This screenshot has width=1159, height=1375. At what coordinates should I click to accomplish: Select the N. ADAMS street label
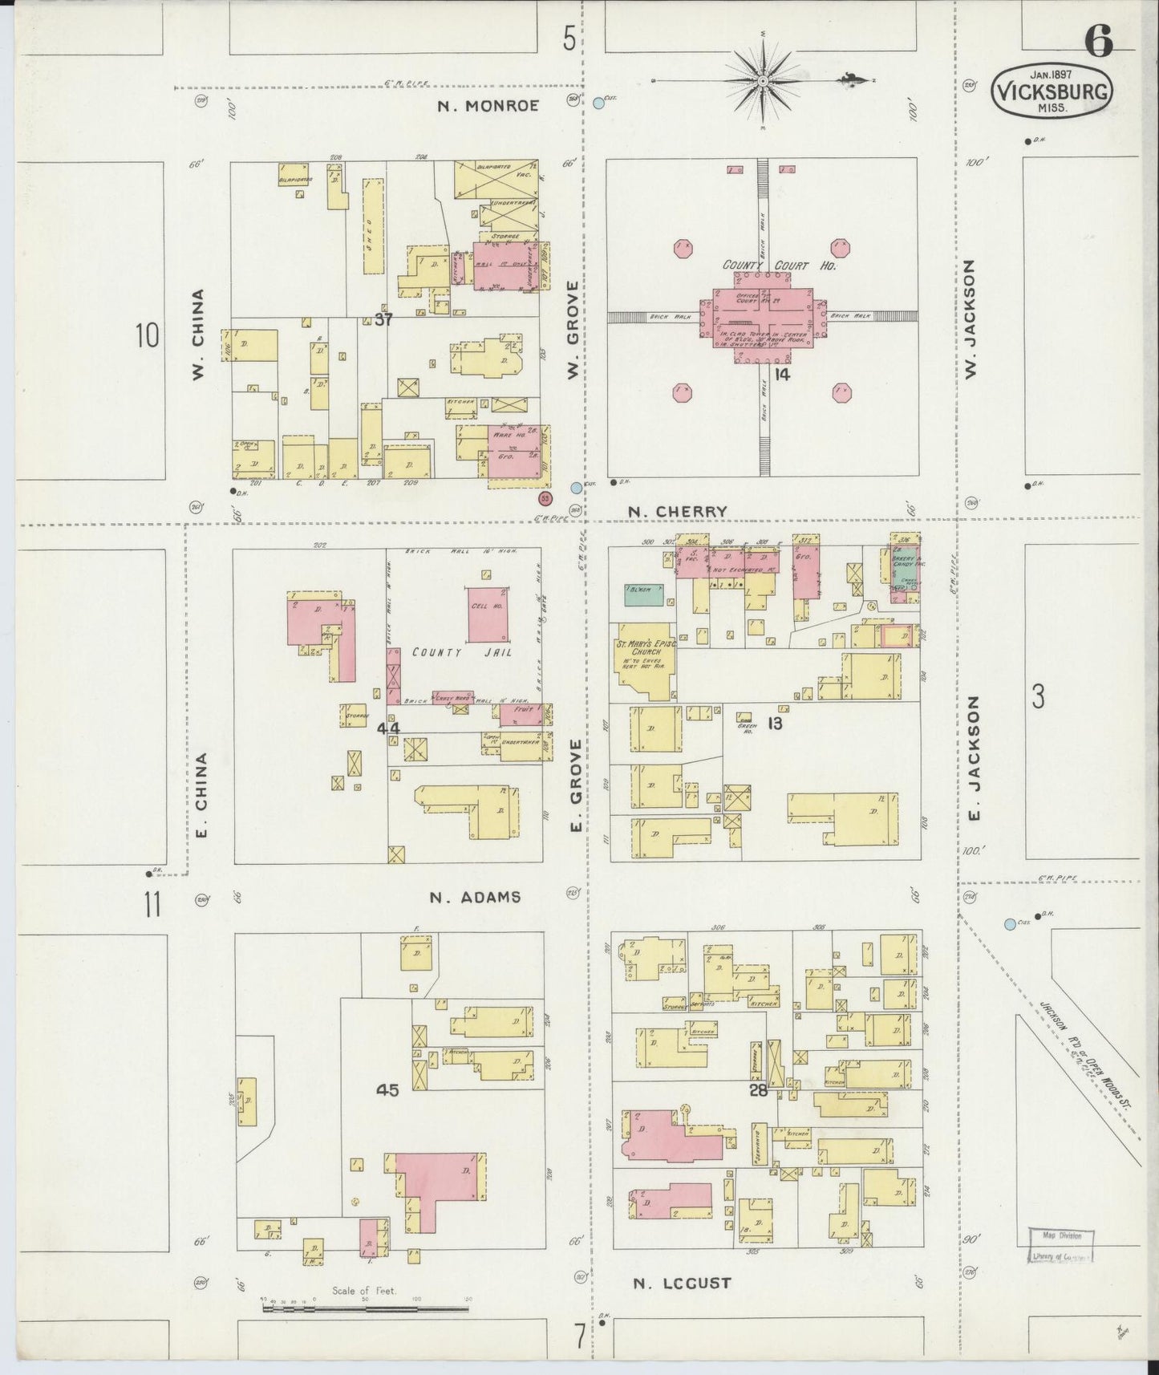(475, 897)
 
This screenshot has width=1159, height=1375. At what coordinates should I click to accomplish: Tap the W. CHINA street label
(198, 335)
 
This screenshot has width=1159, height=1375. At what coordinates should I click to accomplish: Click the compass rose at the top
(763, 81)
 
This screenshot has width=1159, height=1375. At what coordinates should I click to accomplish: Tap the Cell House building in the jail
(488, 614)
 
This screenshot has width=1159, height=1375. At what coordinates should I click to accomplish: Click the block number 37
(383, 319)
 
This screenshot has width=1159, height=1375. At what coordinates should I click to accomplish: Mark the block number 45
(387, 1089)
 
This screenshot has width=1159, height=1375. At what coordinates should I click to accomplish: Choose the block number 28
(758, 1090)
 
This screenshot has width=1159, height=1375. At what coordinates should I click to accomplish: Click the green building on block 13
(644, 594)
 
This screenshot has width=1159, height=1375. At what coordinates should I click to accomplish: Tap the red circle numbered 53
(545, 498)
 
